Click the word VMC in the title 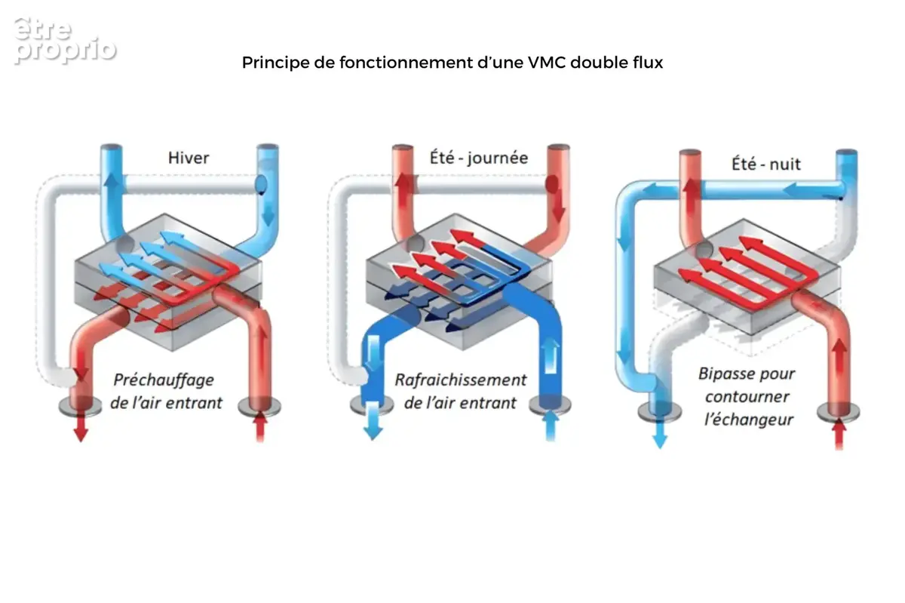coord(547,63)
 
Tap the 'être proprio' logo coord(65,41)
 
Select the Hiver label coord(189,158)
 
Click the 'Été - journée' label coord(479,157)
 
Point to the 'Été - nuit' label coord(766,164)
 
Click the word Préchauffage coord(164,380)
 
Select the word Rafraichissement coord(461,380)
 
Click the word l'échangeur coord(749,420)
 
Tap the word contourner coord(747,397)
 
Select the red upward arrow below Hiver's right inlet coord(260,426)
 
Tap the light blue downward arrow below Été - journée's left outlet coord(373,421)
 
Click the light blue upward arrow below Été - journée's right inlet coord(551,426)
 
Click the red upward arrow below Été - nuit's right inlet coord(839,434)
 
